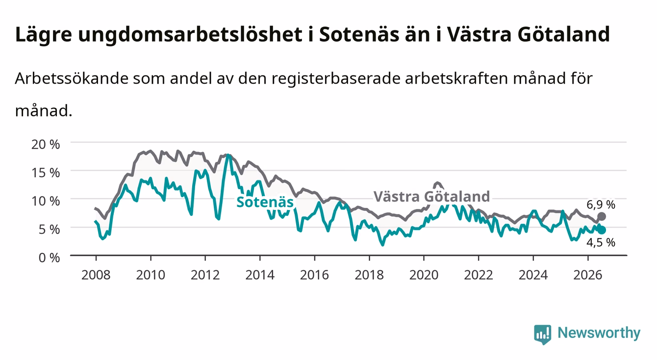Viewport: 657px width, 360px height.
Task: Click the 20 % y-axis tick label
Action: (46, 144)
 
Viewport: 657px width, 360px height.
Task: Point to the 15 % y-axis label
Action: (46, 173)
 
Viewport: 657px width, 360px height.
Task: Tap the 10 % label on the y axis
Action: (46, 201)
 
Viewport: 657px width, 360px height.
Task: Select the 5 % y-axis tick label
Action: (49, 230)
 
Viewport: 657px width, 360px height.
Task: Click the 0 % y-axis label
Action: (49, 258)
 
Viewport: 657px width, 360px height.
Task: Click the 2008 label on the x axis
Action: (96, 275)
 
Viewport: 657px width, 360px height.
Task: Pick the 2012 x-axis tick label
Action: (205, 275)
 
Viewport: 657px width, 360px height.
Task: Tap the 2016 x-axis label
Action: (314, 275)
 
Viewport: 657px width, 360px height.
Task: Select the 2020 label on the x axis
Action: (424, 275)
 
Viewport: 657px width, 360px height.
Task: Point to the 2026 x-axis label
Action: (588, 275)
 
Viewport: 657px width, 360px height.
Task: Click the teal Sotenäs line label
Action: (265, 202)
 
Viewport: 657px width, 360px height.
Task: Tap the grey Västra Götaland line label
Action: (432, 197)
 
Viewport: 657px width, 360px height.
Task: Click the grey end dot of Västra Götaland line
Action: (602, 216)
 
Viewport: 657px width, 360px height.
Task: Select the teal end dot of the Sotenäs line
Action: (602, 230)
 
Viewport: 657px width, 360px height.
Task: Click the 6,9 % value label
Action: (601, 205)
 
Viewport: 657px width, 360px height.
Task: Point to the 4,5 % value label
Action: (601, 243)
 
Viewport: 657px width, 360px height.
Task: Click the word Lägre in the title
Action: (44, 35)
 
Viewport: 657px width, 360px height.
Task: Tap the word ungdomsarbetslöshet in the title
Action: (190, 35)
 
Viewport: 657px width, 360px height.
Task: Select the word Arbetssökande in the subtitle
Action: (72, 78)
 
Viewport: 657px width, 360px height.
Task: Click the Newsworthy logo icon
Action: (543, 334)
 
